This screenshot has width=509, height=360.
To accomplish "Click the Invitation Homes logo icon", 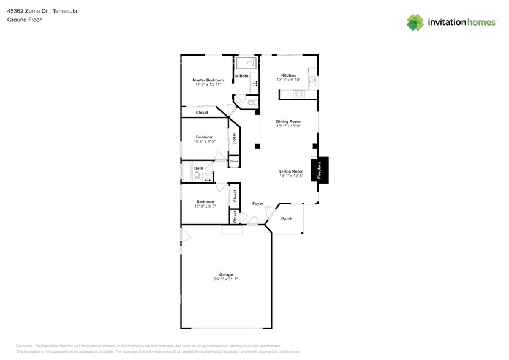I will pos(415,22).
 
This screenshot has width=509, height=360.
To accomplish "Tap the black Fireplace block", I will pos(319,170).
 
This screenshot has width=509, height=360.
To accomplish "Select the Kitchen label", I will pos(288,75).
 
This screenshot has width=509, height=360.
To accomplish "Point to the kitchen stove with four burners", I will pos(300,94).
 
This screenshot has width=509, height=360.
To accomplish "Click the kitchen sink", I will pos(313,80).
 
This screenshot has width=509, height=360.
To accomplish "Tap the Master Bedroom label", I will pos(208,80).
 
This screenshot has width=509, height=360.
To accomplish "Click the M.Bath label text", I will pos(241,76).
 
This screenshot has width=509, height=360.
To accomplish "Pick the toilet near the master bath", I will pos(251,102).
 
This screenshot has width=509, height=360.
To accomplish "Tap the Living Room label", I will pos(292,171).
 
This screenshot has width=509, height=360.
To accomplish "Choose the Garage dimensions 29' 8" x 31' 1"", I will pos(226,279).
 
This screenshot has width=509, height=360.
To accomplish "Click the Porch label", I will pos(286,219).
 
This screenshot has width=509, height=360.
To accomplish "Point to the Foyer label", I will pos(258,203).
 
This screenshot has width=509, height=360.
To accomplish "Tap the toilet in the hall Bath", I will pos(197,177).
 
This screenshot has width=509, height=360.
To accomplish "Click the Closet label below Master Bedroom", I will pos(202,113).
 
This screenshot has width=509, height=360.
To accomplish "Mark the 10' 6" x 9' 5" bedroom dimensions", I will pos(205,141).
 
